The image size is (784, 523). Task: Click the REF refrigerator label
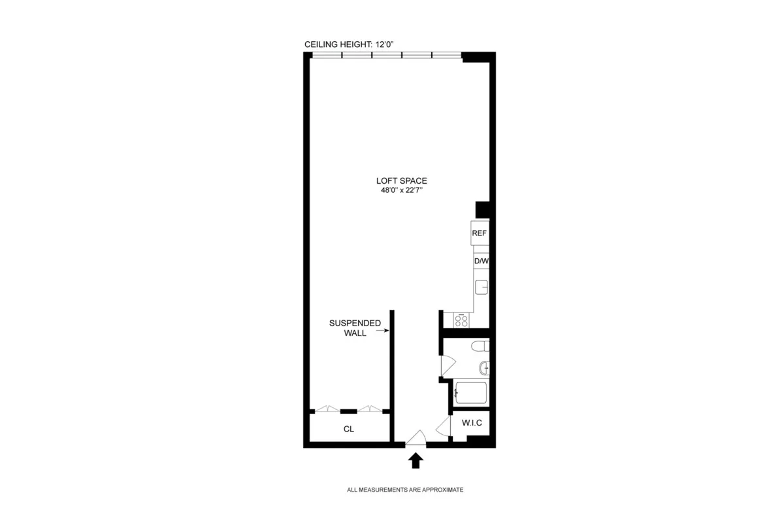click(x=479, y=233)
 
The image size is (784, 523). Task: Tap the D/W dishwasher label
click(x=481, y=261)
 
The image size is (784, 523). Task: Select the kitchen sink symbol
click(x=482, y=286)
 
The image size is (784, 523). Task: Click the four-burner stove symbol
click(x=461, y=320)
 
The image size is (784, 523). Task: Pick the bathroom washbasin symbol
click(x=484, y=367)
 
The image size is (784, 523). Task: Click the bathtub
click(x=470, y=393)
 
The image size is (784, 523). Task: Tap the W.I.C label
click(x=472, y=423)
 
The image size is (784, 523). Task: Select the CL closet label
click(x=349, y=430)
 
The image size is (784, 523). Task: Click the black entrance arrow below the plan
click(x=416, y=461)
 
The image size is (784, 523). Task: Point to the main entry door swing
click(x=416, y=438)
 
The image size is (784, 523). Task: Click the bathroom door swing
click(x=447, y=365)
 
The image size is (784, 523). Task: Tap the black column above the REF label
click(x=482, y=209)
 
